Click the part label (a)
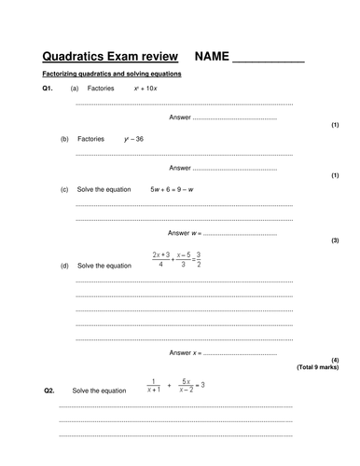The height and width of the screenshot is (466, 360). [x=74, y=88]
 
